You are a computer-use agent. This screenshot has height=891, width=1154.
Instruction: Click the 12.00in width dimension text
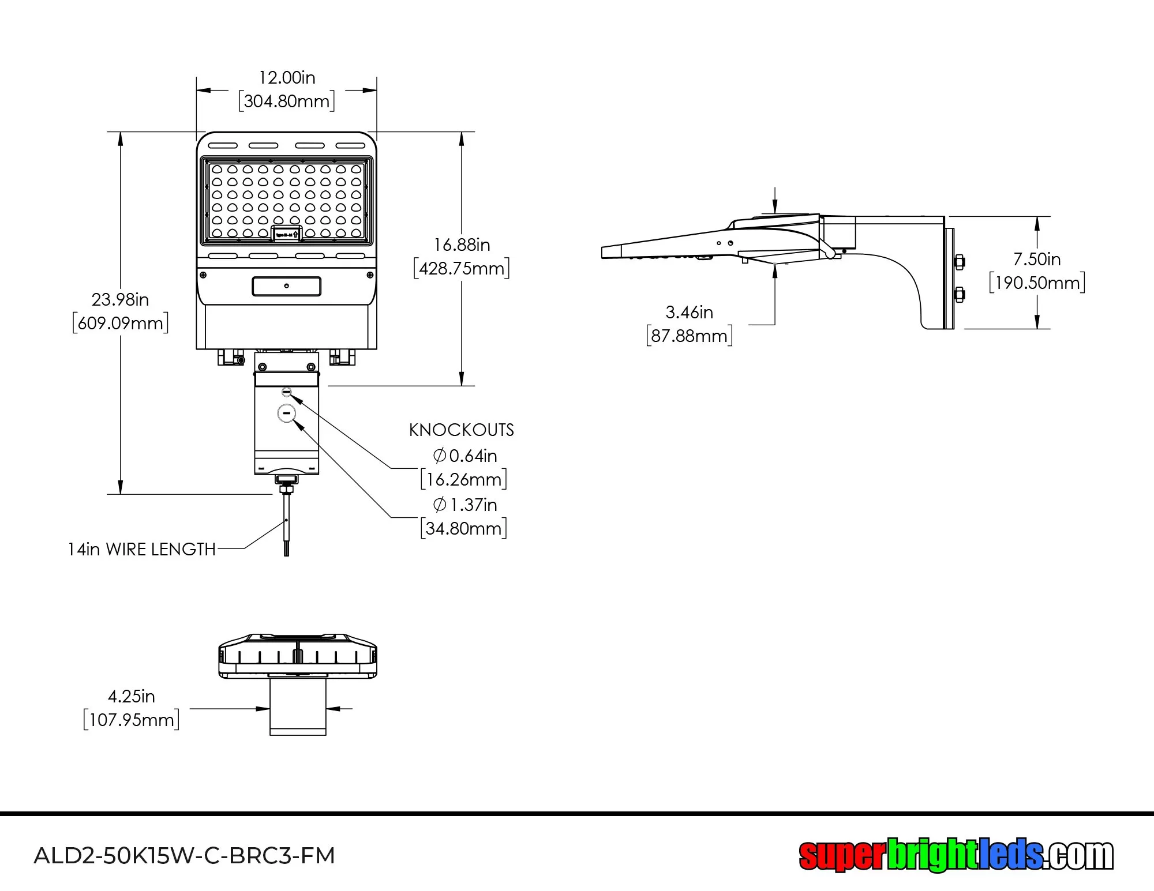click(287, 78)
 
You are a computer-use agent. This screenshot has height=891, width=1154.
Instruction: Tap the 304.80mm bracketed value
click(287, 101)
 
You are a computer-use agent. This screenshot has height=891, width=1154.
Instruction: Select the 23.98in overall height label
click(120, 300)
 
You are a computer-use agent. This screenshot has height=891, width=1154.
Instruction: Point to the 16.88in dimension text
click(462, 245)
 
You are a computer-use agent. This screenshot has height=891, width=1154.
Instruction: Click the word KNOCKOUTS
click(461, 430)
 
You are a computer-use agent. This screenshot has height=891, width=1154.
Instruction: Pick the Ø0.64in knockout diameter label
click(465, 456)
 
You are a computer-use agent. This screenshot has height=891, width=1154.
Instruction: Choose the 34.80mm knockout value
click(464, 528)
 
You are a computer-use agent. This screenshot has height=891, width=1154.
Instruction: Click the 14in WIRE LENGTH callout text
click(141, 550)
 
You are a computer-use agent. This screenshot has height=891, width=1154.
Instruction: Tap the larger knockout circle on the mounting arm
click(287, 413)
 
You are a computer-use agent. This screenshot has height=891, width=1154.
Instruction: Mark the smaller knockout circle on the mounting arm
click(287, 392)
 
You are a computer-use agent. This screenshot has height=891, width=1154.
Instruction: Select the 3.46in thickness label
click(689, 313)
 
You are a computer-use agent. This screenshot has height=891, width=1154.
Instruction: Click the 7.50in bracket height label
click(1037, 260)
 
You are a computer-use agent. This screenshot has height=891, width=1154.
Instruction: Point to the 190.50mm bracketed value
click(1037, 283)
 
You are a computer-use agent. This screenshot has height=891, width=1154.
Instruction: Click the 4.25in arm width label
click(132, 697)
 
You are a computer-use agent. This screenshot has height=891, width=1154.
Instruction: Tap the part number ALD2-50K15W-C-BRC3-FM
click(185, 855)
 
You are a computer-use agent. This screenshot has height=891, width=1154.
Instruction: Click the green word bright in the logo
click(932, 855)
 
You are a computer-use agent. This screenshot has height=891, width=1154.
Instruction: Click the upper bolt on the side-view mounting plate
click(960, 262)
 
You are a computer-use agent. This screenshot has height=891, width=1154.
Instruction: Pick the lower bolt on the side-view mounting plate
click(960, 295)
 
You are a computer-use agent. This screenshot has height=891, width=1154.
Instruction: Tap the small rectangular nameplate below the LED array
click(287, 286)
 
